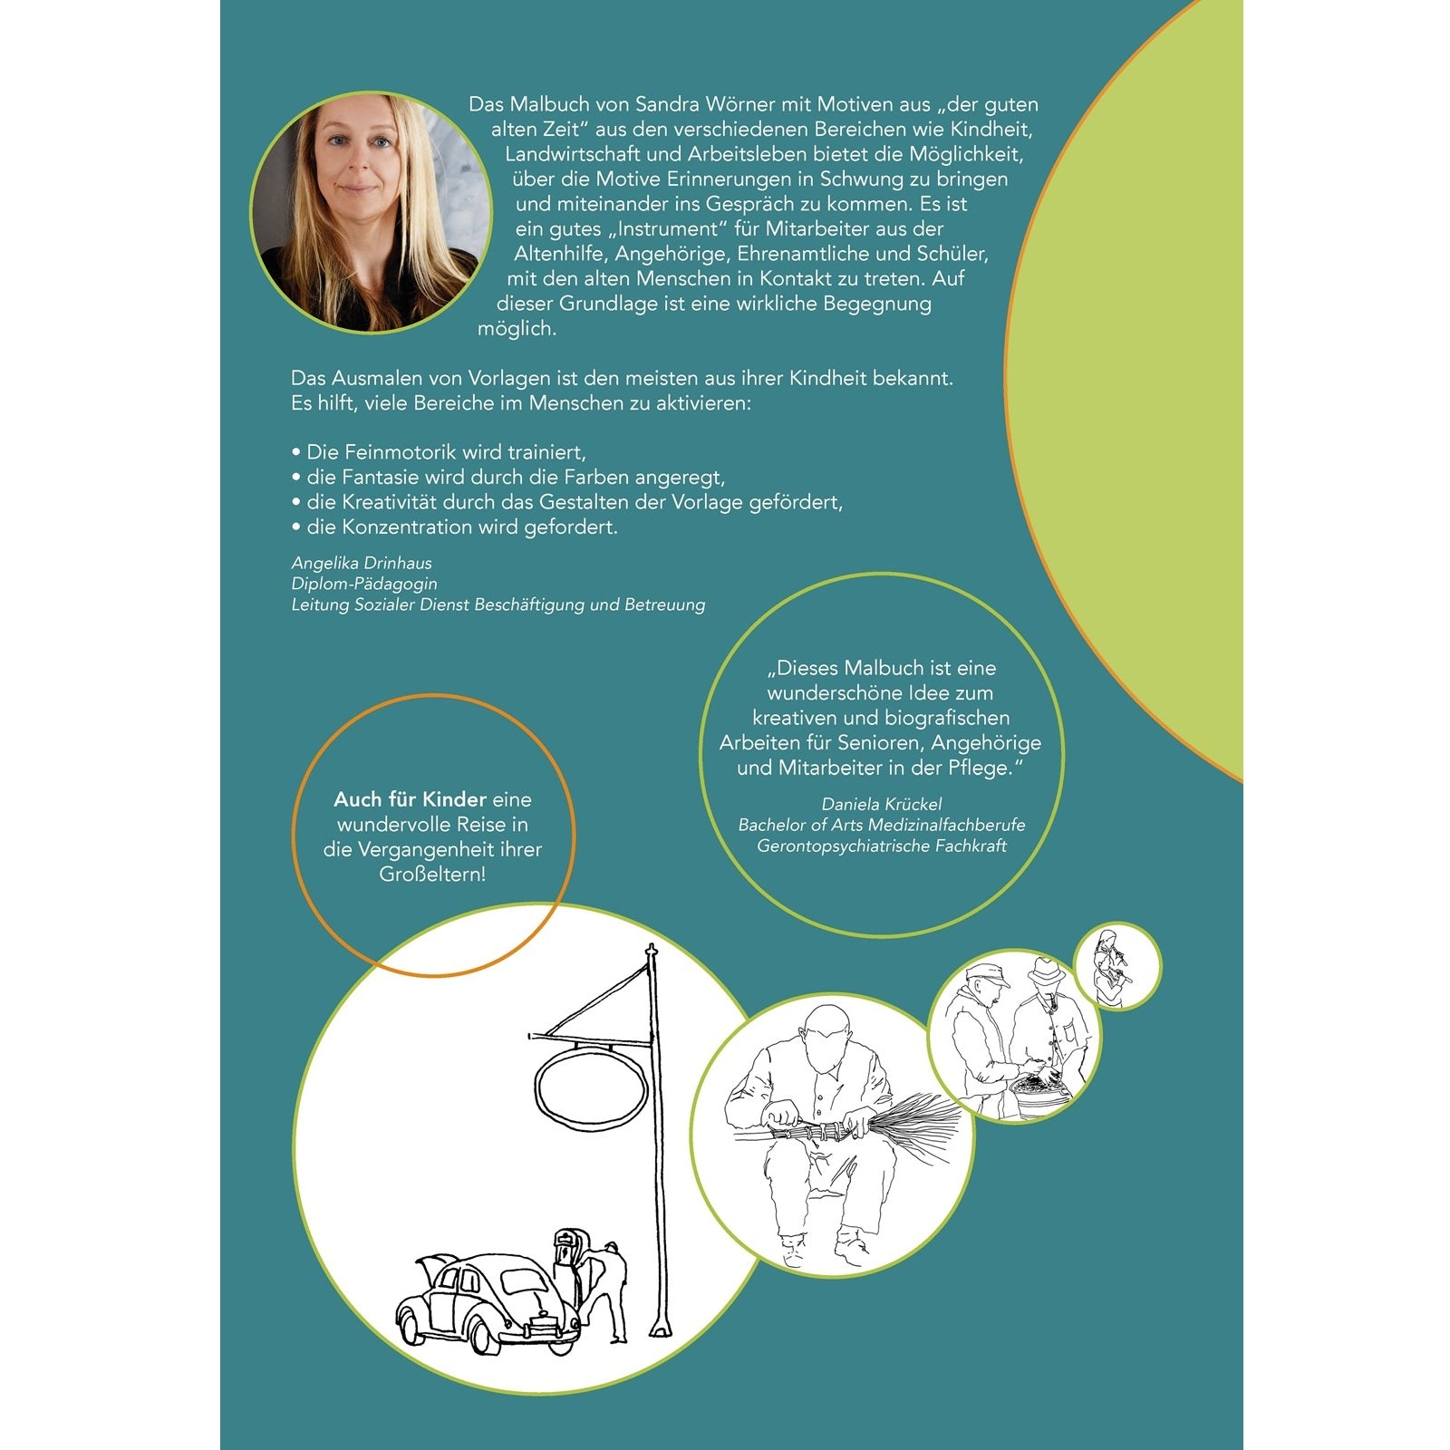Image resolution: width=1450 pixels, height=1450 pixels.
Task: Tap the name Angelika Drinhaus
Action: [362, 563]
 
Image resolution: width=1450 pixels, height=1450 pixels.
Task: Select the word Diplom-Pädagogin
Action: [364, 584]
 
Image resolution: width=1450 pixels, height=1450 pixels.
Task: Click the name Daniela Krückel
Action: [882, 804]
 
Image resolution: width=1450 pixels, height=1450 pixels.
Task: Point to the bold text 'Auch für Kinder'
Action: [410, 799]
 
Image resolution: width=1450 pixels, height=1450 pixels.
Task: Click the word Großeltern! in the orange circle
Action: [432, 875]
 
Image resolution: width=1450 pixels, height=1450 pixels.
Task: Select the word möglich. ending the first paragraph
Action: [517, 330]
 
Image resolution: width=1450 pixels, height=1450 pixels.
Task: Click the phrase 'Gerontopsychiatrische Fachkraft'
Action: [882, 846]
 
